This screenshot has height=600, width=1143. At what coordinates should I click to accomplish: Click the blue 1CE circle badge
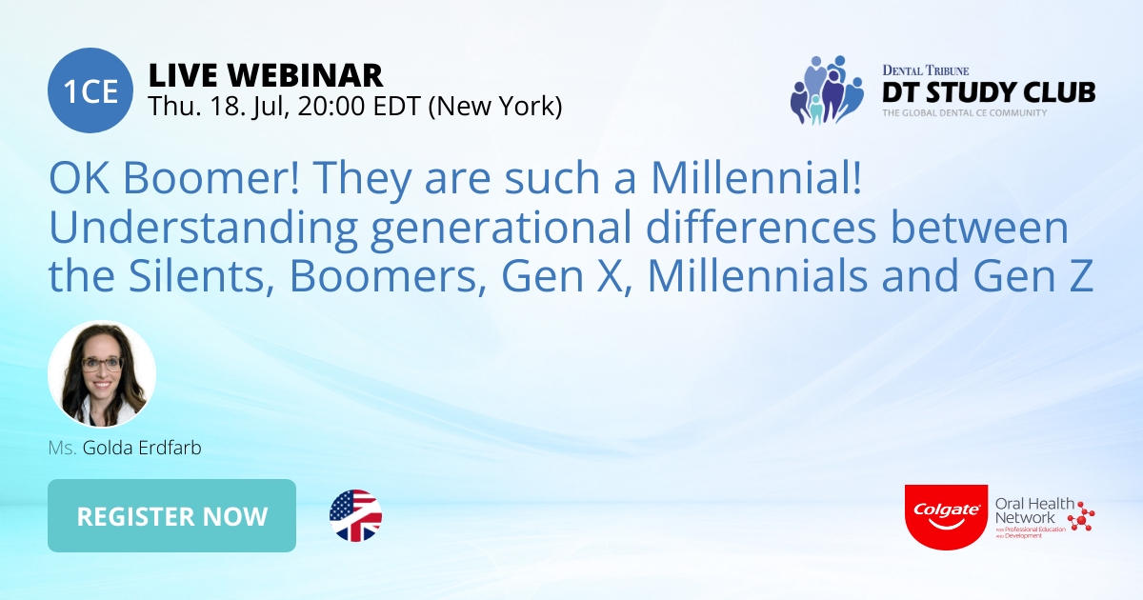pyautogui.click(x=90, y=90)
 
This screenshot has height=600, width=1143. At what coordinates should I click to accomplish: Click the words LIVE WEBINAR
pyautogui.click(x=266, y=74)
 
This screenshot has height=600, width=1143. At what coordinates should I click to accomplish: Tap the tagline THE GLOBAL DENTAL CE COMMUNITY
pyautogui.click(x=963, y=113)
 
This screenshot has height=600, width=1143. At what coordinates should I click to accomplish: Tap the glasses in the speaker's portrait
pyautogui.click(x=103, y=363)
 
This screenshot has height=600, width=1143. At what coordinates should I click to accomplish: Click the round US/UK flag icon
pyautogui.click(x=355, y=516)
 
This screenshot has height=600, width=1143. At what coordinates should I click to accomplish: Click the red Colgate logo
pyautogui.click(x=946, y=515)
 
